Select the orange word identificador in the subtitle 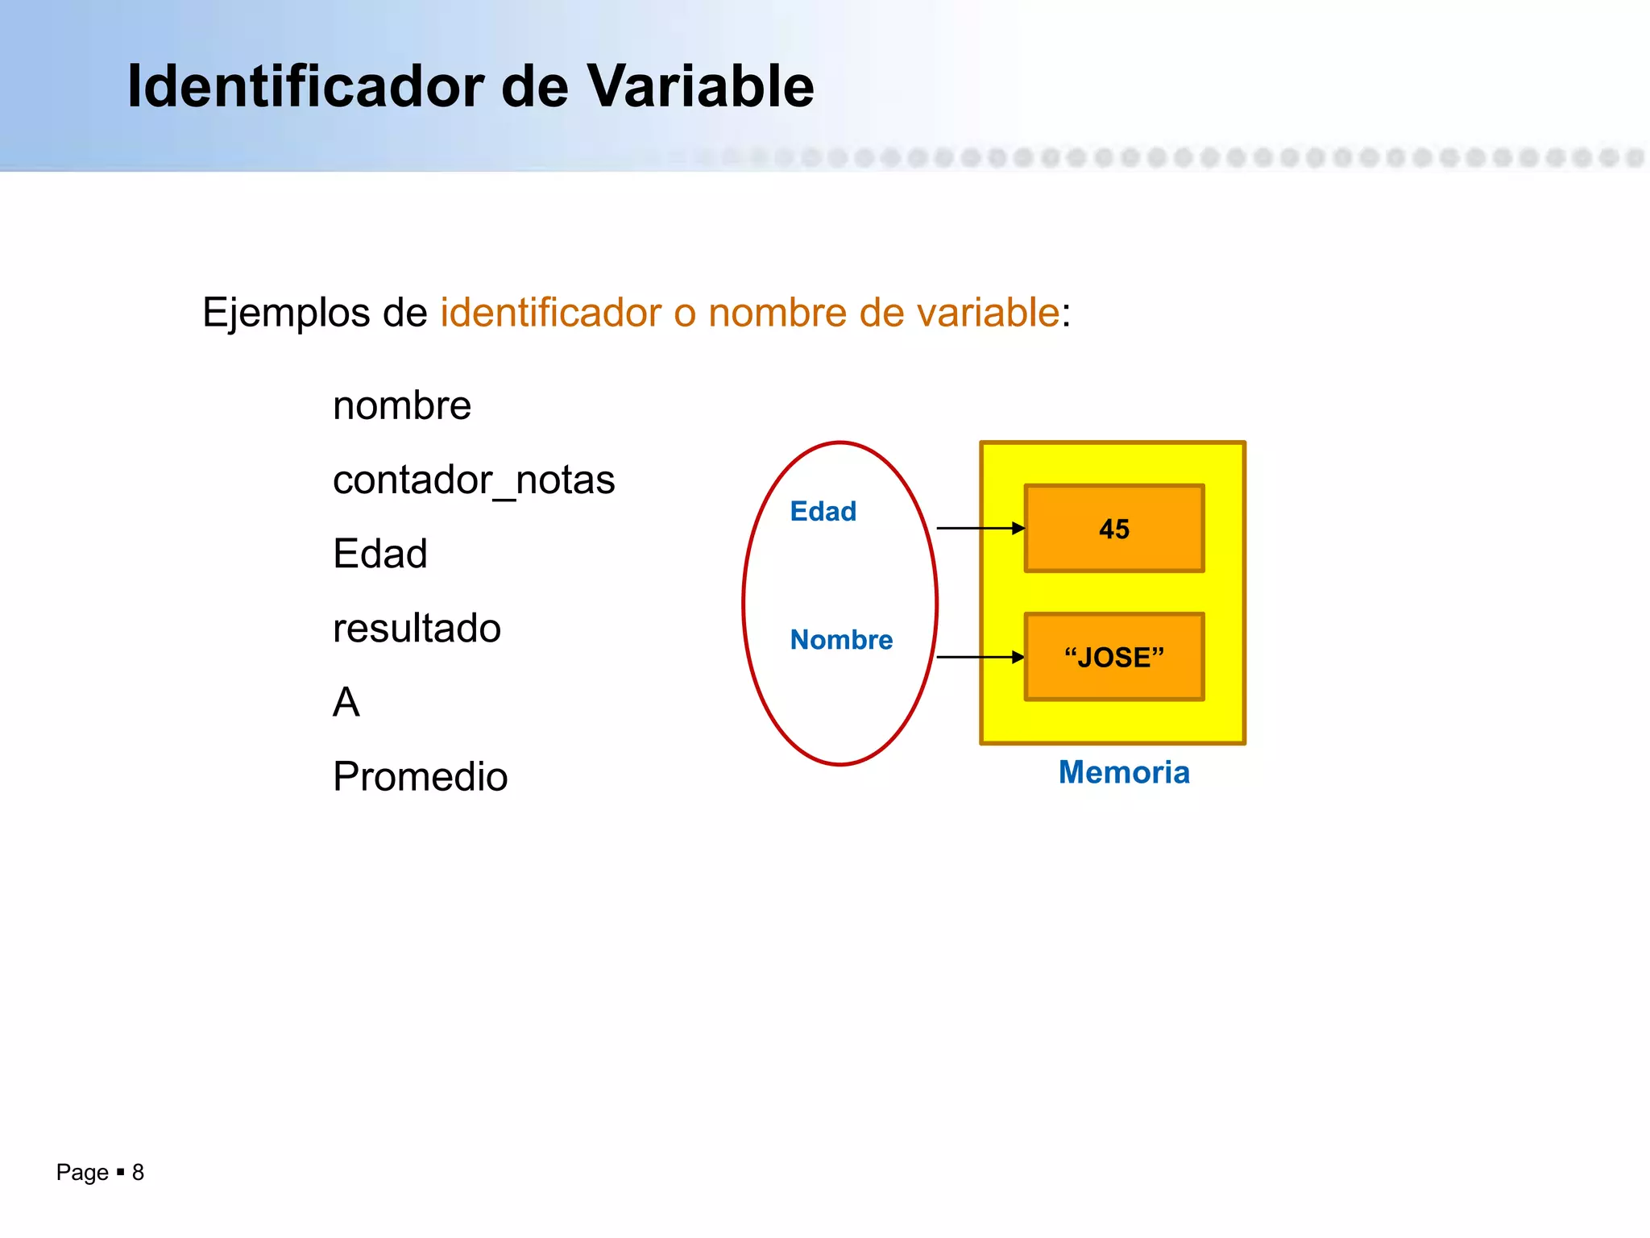(551, 313)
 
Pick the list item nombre (401, 405)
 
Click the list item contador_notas (474, 480)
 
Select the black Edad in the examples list (379, 555)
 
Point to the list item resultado (417, 629)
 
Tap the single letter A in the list (346, 702)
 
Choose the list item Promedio (420, 777)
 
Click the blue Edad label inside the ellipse (823, 511)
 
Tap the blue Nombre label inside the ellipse (841, 640)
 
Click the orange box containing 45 (1114, 529)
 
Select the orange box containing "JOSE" (1114, 657)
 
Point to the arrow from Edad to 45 (980, 528)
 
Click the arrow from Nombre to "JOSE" (980, 657)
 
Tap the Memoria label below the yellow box (1124, 772)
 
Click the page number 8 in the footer (138, 1172)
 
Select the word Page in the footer (81, 1172)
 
